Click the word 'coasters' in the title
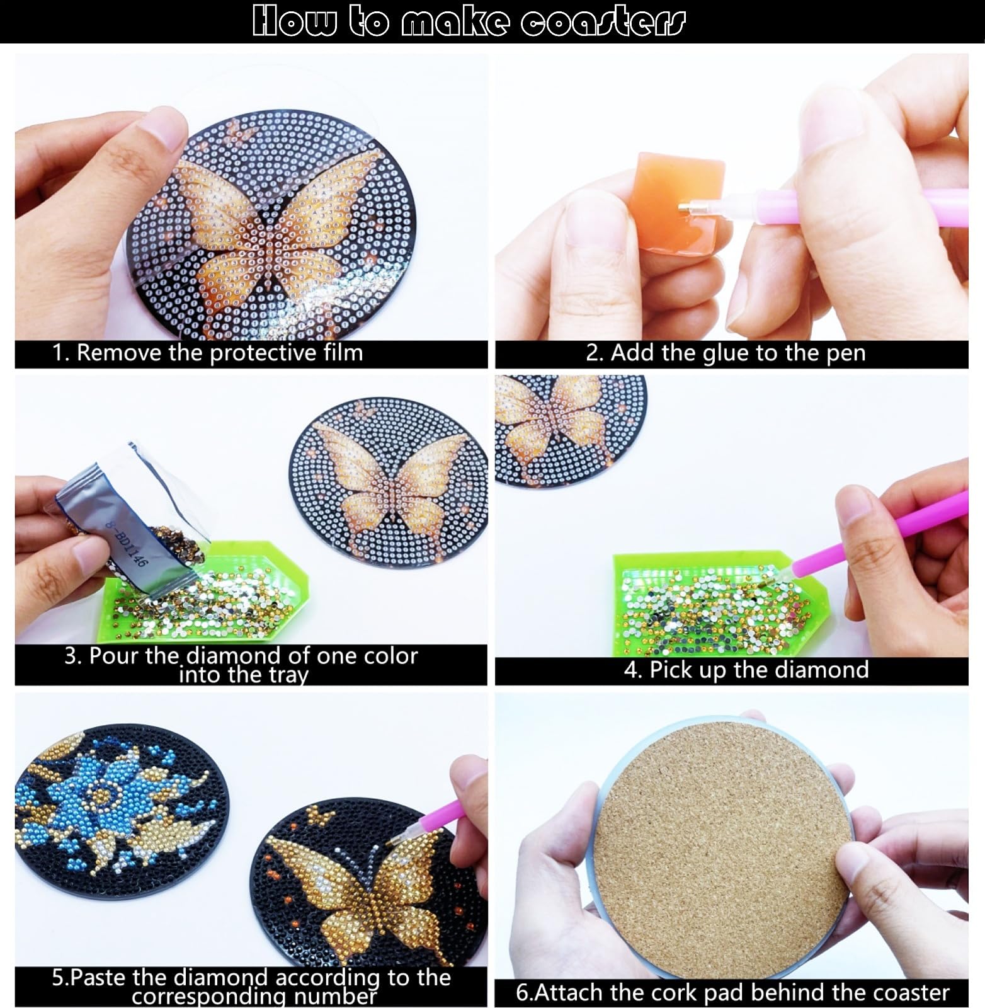click(x=601, y=21)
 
